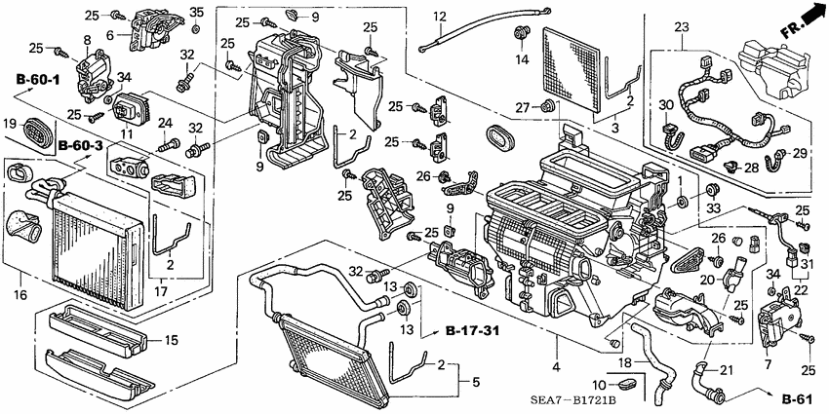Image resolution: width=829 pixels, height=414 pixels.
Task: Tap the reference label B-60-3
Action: point(79,146)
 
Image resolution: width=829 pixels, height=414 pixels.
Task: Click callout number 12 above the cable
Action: point(440,17)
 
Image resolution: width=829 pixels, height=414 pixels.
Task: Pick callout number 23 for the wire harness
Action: point(680,26)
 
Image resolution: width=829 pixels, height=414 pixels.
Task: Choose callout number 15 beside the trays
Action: point(170,340)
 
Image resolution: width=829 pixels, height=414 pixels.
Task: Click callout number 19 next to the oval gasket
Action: point(11,123)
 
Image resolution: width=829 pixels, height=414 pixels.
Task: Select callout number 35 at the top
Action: point(196,13)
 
